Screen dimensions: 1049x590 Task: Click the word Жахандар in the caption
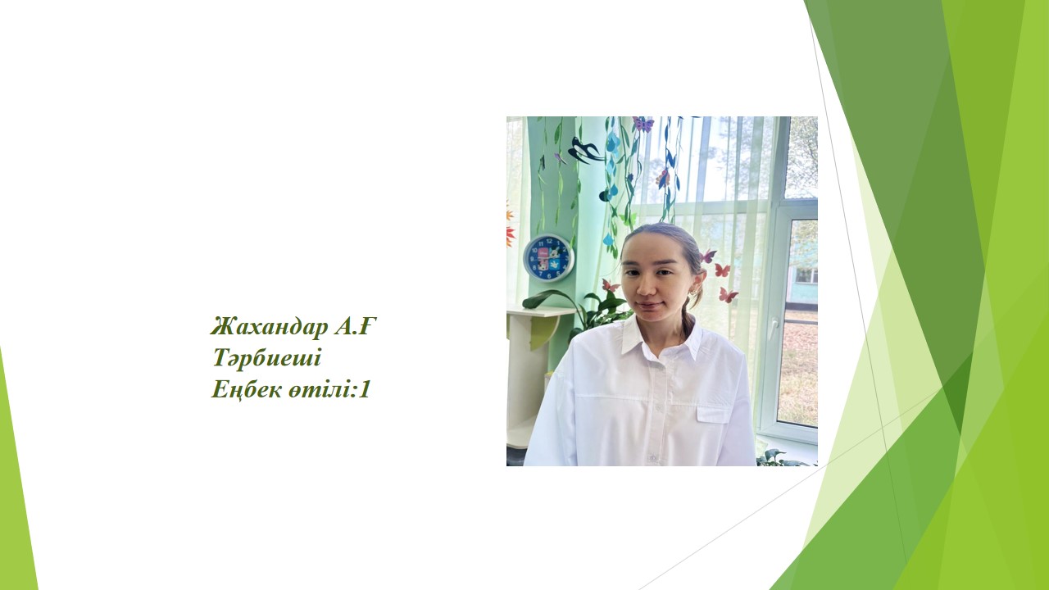pos(269,326)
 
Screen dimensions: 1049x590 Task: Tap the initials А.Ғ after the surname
pos(356,326)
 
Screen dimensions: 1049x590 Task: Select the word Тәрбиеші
pos(267,358)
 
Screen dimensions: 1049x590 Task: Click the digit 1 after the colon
pos(364,389)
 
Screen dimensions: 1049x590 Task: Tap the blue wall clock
pos(548,258)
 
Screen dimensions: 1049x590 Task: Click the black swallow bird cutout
pos(584,149)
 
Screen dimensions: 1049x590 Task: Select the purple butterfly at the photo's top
pos(643,124)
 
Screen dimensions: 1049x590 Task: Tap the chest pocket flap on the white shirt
pos(713,414)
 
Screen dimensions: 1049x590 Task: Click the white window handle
pos(773,329)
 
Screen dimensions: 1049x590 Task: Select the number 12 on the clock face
pos(549,242)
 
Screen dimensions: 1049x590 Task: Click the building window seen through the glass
pos(806,276)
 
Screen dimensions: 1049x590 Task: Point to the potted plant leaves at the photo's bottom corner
pos(783,458)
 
